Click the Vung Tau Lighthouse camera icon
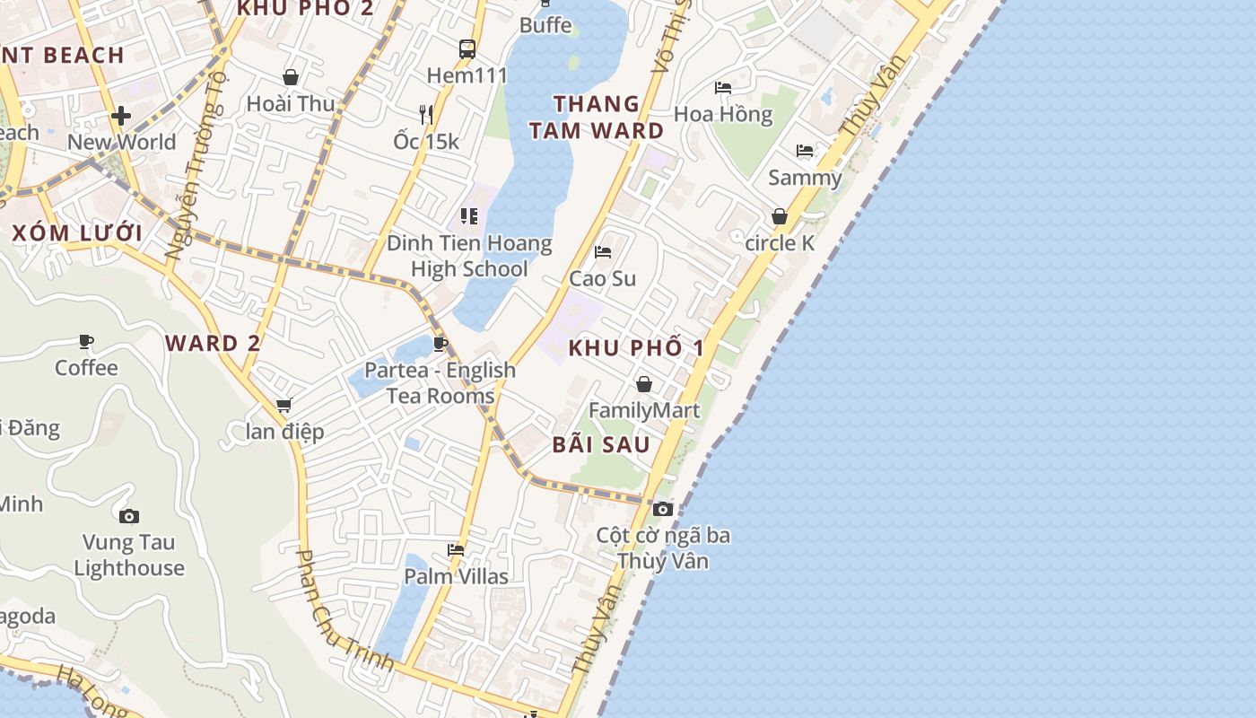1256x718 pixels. pyautogui.click(x=129, y=516)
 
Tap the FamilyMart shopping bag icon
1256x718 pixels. pyautogui.click(x=643, y=385)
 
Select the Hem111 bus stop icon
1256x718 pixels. pyautogui.click(x=467, y=48)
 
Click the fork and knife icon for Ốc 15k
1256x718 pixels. pyautogui.click(x=426, y=114)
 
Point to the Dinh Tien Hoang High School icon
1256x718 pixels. pyautogui.click(x=468, y=216)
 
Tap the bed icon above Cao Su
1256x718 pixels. pyautogui.click(x=603, y=252)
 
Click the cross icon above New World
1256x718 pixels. pyautogui.click(x=121, y=116)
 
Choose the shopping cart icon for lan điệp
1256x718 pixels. pyautogui.click(x=284, y=406)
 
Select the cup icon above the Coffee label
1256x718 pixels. pyautogui.click(x=86, y=341)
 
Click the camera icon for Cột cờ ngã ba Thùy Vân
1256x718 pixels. pyautogui.click(x=663, y=509)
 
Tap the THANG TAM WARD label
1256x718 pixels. pyautogui.click(x=597, y=118)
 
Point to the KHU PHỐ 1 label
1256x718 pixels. pyautogui.click(x=637, y=347)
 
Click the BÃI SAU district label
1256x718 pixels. pyautogui.click(x=601, y=443)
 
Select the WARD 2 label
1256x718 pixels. pyautogui.click(x=213, y=343)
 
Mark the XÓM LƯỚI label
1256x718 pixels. pyautogui.click(x=77, y=233)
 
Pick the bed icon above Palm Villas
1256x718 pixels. pyautogui.click(x=456, y=550)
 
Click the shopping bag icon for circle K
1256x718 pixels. pyautogui.click(x=780, y=216)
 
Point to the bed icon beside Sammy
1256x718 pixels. pyautogui.click(x=805, y=151)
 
